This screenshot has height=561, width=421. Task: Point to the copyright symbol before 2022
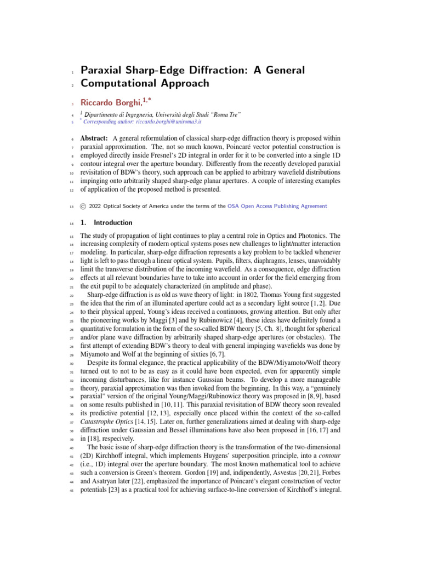point(83,206)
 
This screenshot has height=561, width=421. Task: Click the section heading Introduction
point(113,223)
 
